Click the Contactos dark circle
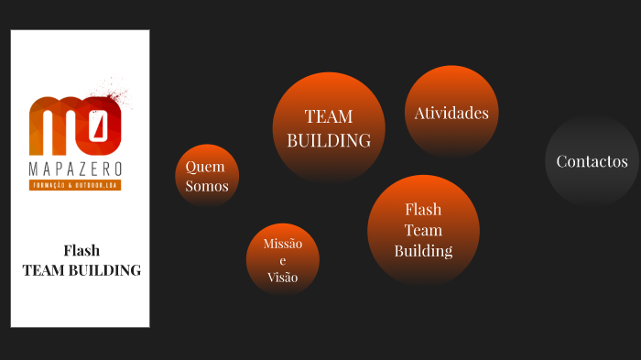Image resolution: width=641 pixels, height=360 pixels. pos(592,161)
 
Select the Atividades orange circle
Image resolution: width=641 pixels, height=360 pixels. pos(451,112)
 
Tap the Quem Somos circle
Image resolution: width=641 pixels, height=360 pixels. pos(207,176)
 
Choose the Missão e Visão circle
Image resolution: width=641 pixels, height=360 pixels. pos(282,259)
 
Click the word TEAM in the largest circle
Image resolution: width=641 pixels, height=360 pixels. pos(329,116)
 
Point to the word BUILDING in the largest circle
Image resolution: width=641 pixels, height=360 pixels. pos(329,140)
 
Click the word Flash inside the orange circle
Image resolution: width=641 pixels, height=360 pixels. pos(423,209)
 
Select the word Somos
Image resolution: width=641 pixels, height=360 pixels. pos(207,186)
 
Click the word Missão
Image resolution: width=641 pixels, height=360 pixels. pos(282,244)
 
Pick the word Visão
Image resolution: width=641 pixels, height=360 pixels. pos(282,277)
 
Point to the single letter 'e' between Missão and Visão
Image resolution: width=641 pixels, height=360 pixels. pos(282,260)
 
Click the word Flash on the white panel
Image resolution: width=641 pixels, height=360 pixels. pos(81,250)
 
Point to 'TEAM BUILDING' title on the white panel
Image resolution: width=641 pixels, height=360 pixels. pos(81,270)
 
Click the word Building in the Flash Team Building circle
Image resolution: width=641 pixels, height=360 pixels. pos(423,250)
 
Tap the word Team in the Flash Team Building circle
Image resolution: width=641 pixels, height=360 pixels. pos(423,230)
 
